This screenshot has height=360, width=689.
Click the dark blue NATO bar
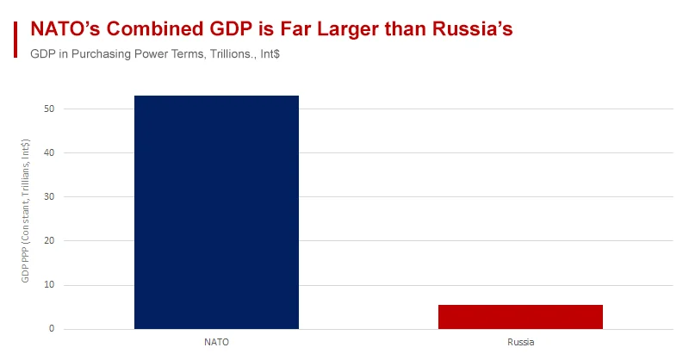coord(216,212)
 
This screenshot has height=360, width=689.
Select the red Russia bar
coord(520,316)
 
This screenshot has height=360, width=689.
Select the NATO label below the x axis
coord(216,342)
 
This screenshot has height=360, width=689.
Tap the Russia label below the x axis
coord(520,342)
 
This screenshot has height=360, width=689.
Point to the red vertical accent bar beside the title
coord(16,40)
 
